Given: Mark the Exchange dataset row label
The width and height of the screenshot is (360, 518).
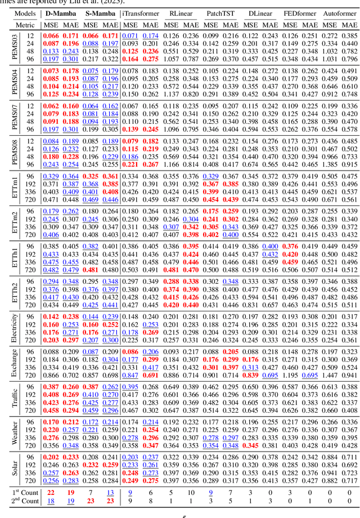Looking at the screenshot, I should pyautogui.click(x=15, y=363).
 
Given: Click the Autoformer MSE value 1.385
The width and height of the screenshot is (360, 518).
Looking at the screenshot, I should pyautogui.click(x=331, y=164).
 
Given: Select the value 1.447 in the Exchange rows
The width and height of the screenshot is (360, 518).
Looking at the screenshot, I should pyautogui.click(x=331, y=391).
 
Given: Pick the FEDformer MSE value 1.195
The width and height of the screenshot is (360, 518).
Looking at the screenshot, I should pyautogui.click(x=291, y=391).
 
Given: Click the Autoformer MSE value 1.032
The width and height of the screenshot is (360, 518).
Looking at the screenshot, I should pyautogui.click(x=331, y=51).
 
